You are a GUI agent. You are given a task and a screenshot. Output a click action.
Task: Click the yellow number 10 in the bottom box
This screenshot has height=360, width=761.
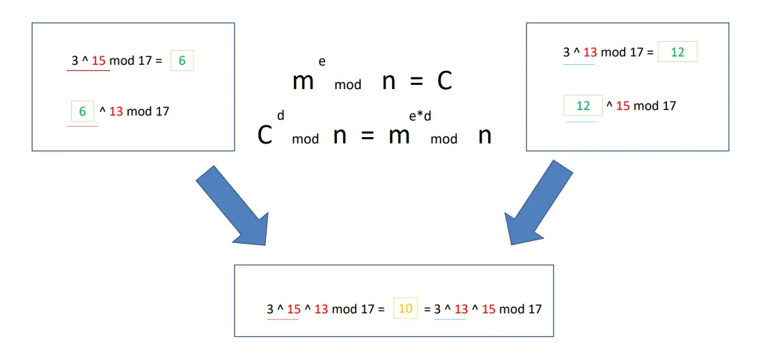tap(405, 308)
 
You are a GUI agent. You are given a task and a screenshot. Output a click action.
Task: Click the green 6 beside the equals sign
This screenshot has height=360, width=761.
tap(182, 61)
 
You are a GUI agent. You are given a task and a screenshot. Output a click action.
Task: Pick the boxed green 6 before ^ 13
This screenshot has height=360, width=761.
tap(82, 111)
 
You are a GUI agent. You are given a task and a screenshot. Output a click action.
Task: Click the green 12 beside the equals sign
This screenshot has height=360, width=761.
tap(677, 52)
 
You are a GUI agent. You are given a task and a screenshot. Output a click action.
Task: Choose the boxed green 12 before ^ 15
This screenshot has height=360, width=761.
tap(583, 106)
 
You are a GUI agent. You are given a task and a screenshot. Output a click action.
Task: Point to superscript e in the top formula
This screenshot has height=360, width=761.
tap(322, 61)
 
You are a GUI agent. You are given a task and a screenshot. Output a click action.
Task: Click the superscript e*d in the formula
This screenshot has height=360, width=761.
tap(420, 116)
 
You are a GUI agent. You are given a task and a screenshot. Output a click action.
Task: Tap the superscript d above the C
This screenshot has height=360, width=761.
tap(280, 115)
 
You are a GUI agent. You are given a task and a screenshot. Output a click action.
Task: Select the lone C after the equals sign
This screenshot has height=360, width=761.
tap(444, 81)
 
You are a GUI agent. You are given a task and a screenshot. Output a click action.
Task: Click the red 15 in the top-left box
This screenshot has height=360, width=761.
tap(99, 61)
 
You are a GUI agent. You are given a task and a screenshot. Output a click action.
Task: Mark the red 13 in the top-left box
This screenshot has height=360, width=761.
tap(116, 111)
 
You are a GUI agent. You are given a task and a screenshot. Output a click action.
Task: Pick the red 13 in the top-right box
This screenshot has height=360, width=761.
tap(590, 52)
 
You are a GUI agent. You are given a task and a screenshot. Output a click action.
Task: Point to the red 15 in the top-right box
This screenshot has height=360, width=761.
tap(622, 106)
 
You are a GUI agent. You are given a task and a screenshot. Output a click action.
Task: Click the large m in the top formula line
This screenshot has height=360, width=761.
tap(303, 82)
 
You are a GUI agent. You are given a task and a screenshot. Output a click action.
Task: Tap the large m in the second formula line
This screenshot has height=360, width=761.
tap(399, 136)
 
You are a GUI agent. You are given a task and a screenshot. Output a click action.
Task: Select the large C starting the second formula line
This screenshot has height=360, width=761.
tap(265, 136)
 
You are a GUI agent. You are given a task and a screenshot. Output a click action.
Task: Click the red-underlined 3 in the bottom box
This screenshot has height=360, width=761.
tap(270, 308)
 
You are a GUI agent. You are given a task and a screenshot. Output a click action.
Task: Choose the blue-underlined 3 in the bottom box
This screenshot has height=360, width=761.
tap(437, 308)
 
